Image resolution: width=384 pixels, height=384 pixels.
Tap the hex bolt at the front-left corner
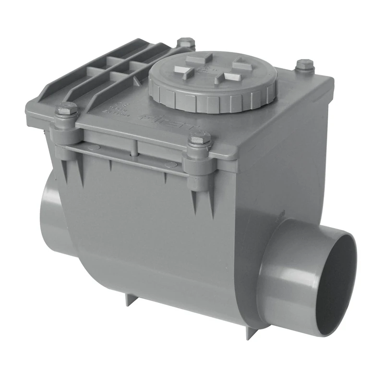pyautogui.click(x=67, y=110)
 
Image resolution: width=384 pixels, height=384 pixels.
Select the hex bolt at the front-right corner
pyautogui.click(x=199, y=141)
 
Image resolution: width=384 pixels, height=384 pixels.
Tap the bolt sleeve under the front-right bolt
pyautogui.click(x=199, y=163)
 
